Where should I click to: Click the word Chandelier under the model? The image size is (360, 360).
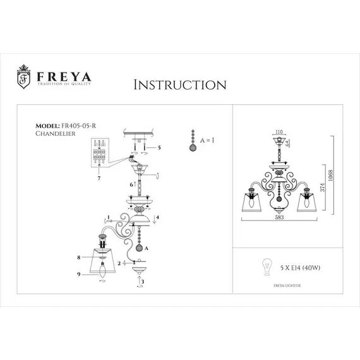coord(56,133)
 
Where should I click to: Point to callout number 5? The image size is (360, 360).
coord(160,147)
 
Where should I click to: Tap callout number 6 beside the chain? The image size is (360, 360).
coord(131,184)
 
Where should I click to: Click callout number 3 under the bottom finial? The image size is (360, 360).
coord(142,281)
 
